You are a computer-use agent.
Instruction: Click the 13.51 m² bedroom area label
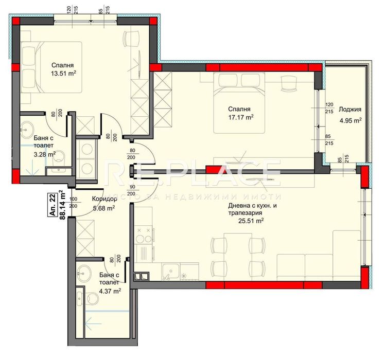tap(63, 73)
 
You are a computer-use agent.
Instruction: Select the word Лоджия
tap(350, 109)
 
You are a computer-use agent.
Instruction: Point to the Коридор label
tap(103, 200)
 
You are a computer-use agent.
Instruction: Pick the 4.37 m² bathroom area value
tap(110, 291)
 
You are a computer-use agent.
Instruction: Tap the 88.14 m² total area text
tap(62, 205)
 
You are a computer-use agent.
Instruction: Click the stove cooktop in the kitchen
tap(145, 234)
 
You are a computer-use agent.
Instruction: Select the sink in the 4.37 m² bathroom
tap(84, 272)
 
